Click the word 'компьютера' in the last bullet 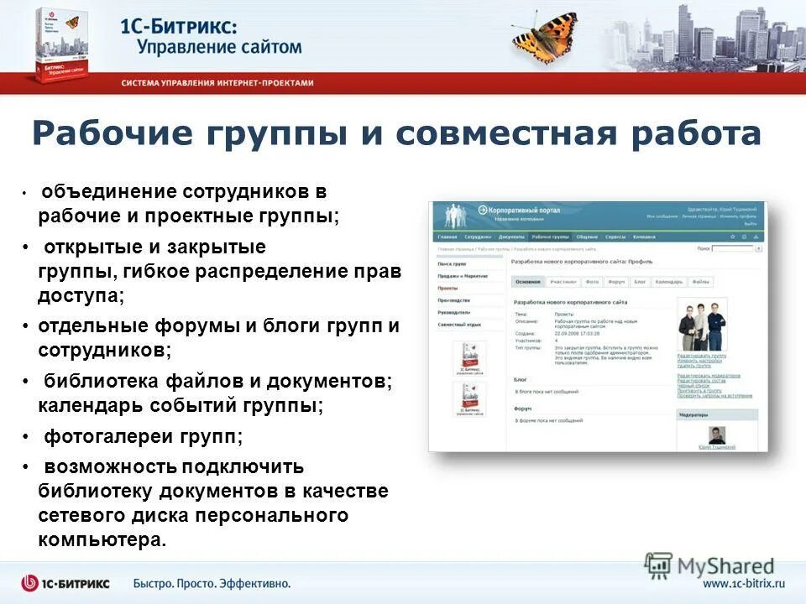pos(102,539)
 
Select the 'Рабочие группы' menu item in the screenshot pos(550,237)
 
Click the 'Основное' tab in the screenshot pos(528,282)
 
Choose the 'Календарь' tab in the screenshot pos(668,282)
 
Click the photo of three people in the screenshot pos(702,325)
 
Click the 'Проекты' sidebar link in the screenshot pos(449,287)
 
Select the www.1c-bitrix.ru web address pos(743,583)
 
